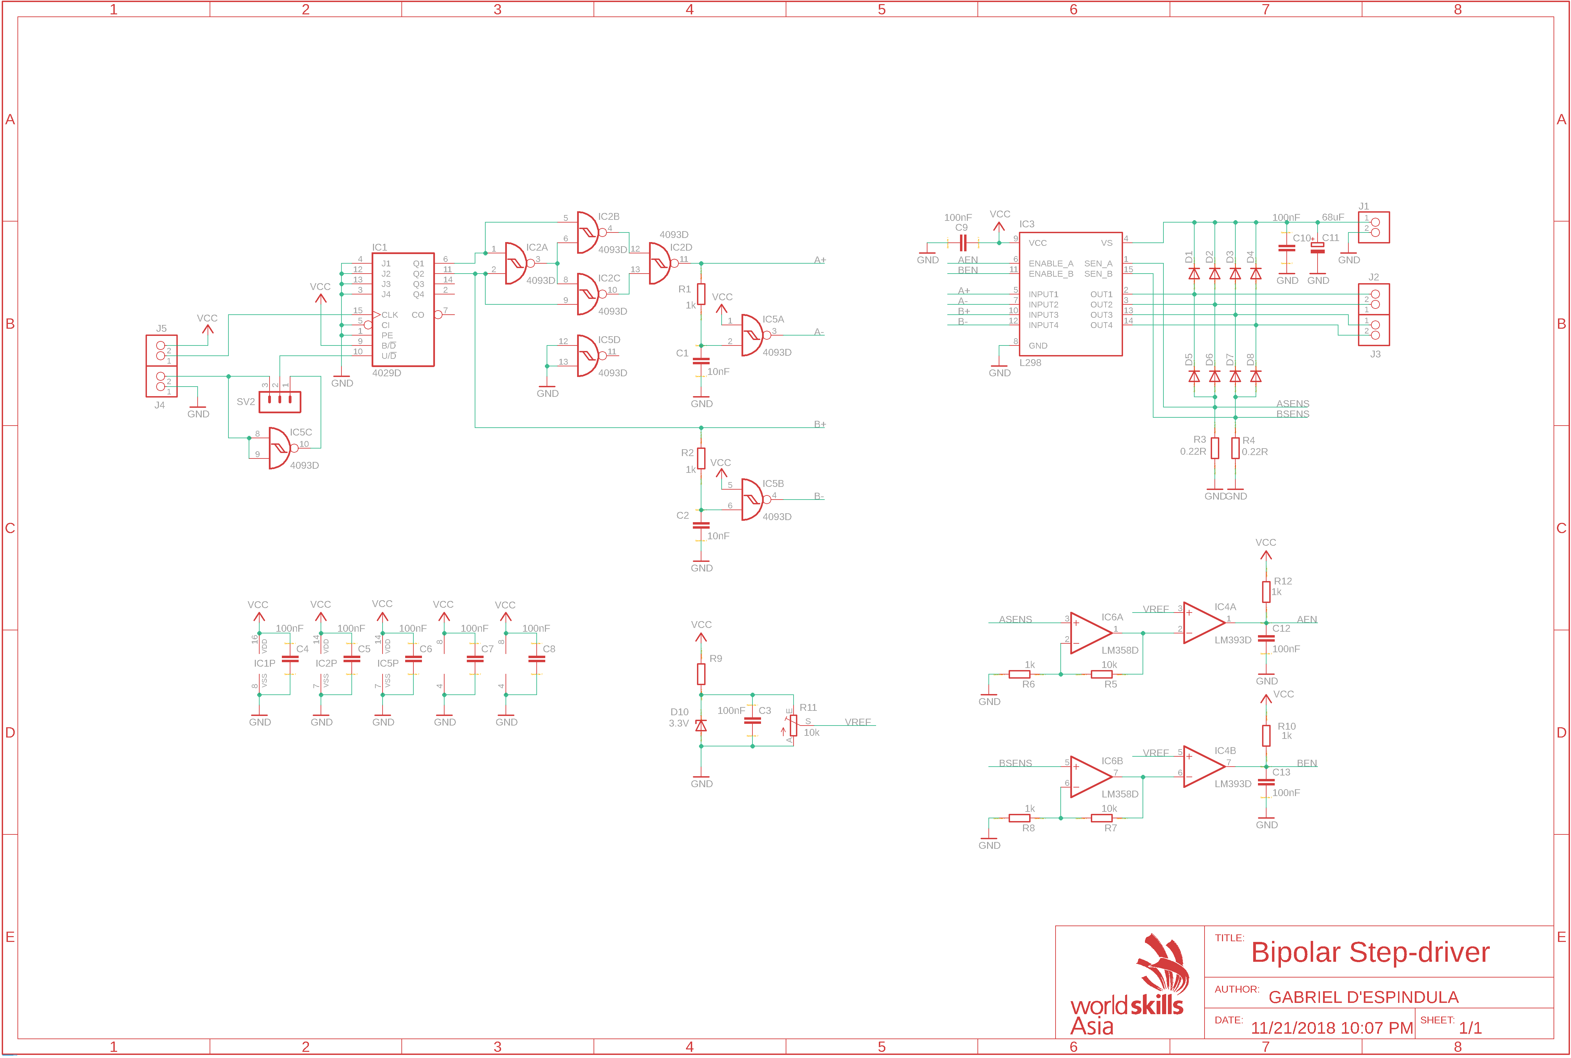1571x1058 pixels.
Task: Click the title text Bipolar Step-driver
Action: (x=1370, y=952)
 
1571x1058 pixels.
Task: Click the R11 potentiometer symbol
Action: (x=793, y=725)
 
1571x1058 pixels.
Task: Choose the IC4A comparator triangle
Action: (x=1204, y=623)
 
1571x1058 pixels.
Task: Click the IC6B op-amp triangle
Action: (x=1091, y=777)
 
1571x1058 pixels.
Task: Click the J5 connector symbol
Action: (x=161, y=350)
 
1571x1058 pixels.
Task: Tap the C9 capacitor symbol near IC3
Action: (x=963, y=243)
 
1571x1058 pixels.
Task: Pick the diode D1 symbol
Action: (x=1194, y=273)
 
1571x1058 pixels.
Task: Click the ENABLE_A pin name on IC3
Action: (x=1051, y=263)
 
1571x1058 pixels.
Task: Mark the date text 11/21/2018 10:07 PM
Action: (x=1332, y=1028)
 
